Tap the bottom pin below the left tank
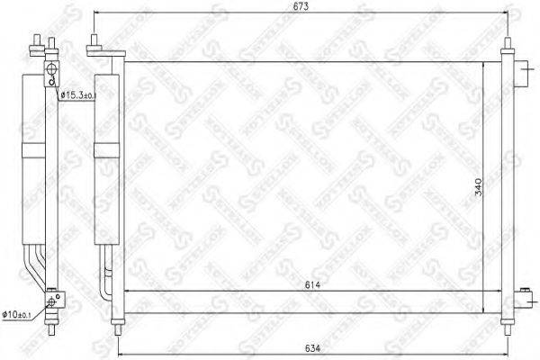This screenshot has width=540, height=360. tap(116, 321)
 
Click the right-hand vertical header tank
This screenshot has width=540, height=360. tap(505, 184)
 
